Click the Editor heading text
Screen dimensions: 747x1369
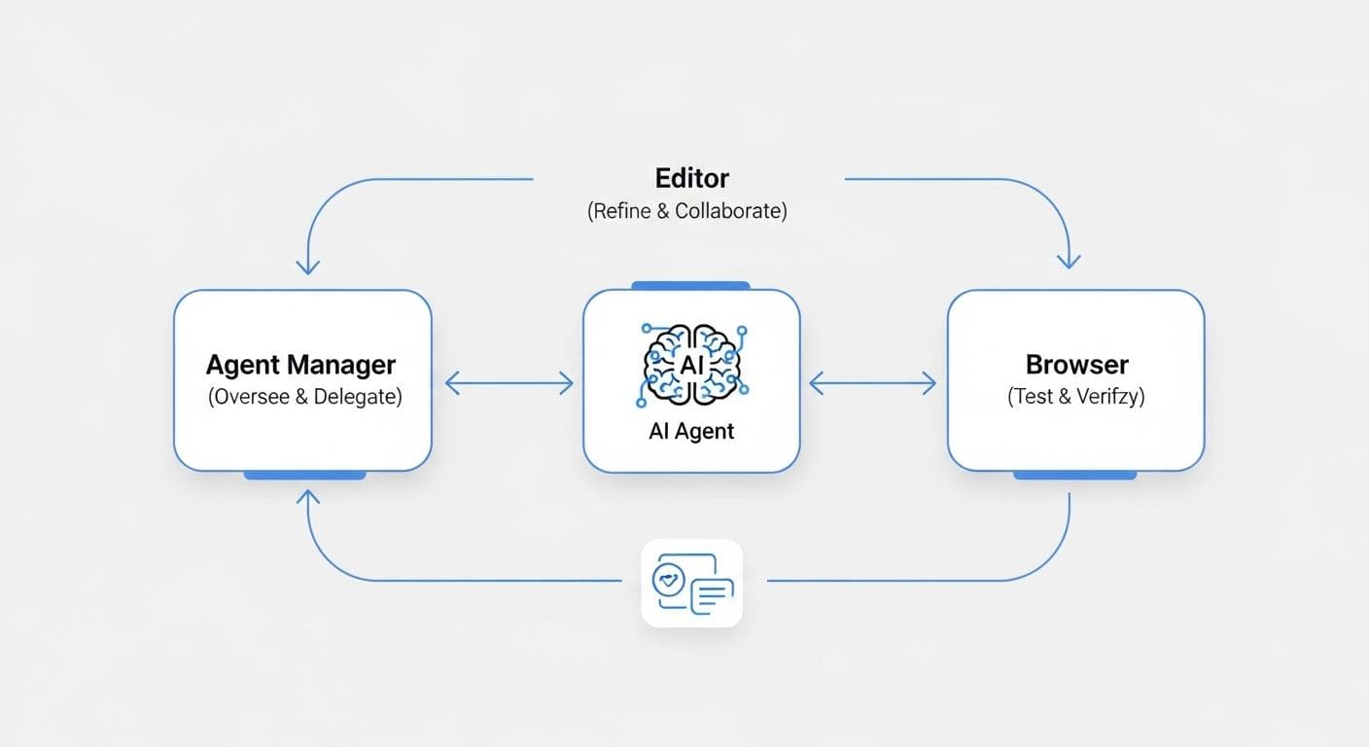(x=691, y=179)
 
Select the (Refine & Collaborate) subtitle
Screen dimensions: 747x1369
(x=686, y=211)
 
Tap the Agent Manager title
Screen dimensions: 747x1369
(x=300, y=366)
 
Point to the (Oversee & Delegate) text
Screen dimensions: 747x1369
(x=304, y=398)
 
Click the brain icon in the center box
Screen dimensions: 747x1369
(x=691, y=365)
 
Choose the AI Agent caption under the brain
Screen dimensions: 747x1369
(x=691, y=432)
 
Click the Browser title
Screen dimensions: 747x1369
(x=1076, y=366)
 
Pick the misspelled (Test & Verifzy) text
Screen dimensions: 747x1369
(x=1076, y=397)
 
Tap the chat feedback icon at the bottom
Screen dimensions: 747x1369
(x=691, y=583)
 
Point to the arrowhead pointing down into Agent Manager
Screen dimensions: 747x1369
(x=308, y=266)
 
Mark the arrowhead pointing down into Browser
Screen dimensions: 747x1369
(x=1069, y=260)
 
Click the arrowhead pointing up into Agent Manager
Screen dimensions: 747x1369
(x=308, y=498)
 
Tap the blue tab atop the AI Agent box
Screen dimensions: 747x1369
(x=690, y=286)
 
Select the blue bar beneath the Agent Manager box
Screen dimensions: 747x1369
(x=304, y=475)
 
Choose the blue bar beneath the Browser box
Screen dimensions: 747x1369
(x=1074, y=475)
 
